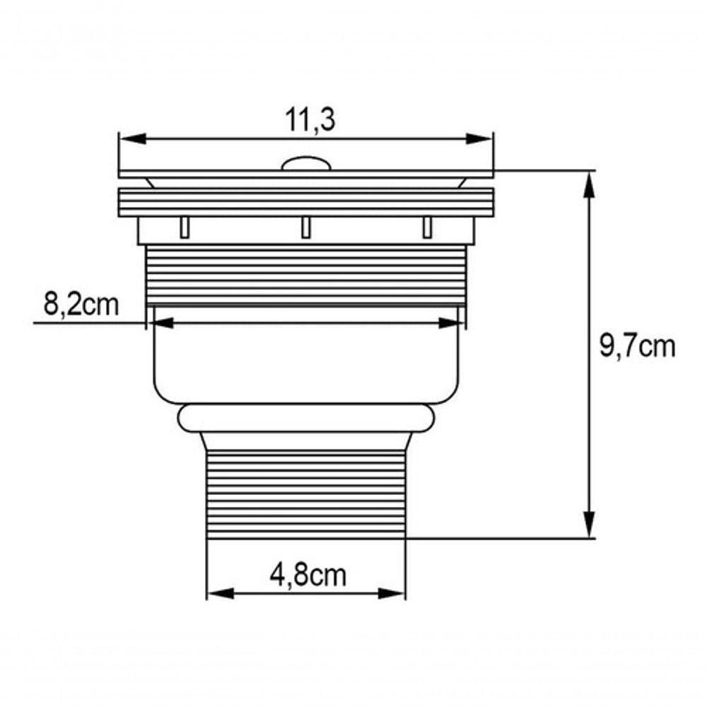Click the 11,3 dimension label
click(310, 121)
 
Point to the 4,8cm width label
click(308, 575)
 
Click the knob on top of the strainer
click(305, 165)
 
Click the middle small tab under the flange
click(305, 227)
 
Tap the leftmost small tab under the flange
click(185, 227)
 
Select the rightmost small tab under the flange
click(426, 227)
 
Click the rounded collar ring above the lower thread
click(305, 418)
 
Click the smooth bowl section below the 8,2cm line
click(305, 364)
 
